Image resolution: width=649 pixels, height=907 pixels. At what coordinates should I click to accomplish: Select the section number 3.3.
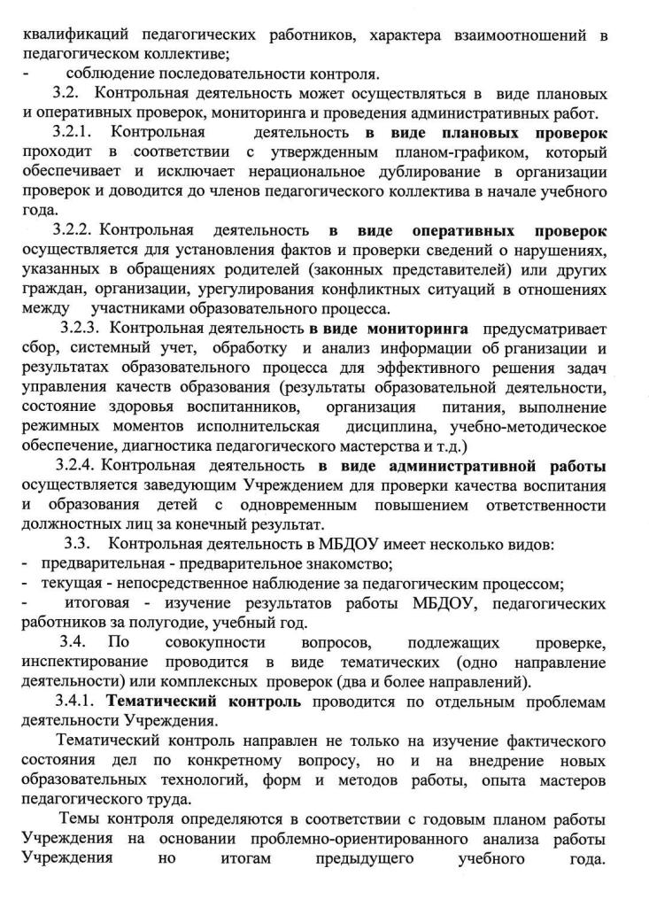80,543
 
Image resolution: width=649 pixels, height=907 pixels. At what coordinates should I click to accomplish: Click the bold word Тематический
158,701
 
